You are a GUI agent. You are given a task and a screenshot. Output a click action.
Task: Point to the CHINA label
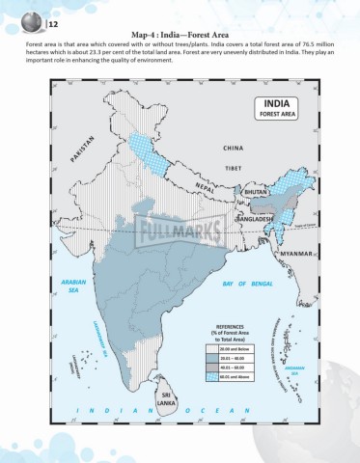click(234, 149)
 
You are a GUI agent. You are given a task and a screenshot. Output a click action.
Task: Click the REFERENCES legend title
click(236, 333)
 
